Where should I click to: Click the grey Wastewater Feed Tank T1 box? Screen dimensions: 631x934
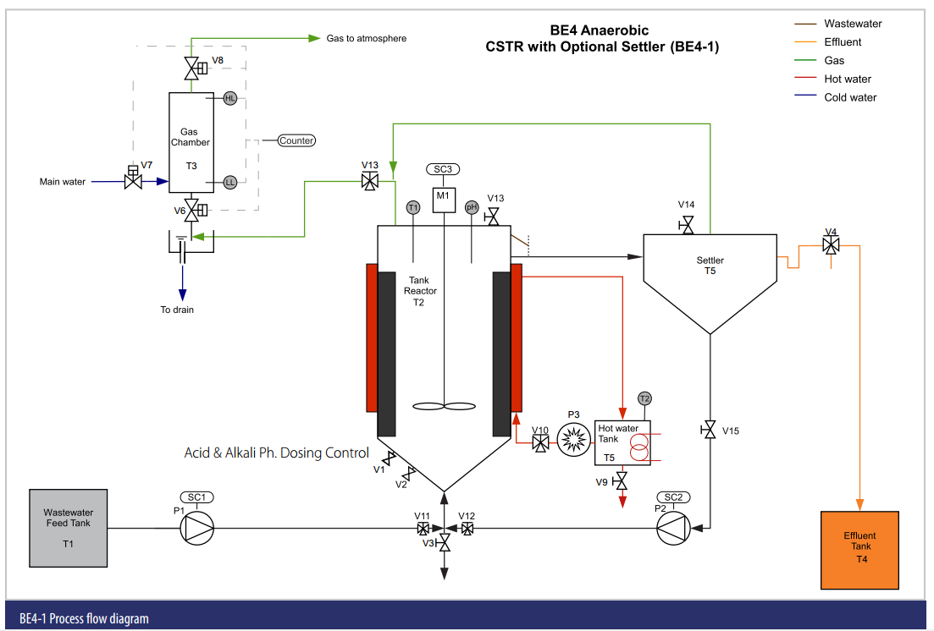pyautogui.click(x=68, y=528)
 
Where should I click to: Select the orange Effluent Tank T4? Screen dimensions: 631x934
pyautogui.click(x=859, y=550)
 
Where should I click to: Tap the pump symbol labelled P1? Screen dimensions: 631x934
pyautogui.click(x=196, y=529)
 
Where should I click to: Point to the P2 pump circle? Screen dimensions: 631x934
pyautogui.click(x=674, y=529)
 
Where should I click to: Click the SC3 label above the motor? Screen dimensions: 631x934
pyautogui.click(x=443, y=169)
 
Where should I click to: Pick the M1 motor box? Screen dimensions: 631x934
pyautogui.click(x=443, y=199)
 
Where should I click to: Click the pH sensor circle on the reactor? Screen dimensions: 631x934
pyautogui.click(x=472, y=207)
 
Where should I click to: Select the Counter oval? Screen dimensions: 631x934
pyautogui.click(x=296, y=140)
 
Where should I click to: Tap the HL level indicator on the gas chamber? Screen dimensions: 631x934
pyautogui.click(x=230, y=99)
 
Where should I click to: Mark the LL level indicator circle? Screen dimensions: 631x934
pyautogui.click(x=230, y=182)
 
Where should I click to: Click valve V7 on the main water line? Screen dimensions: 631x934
pyautogui.click(x=133, y=181)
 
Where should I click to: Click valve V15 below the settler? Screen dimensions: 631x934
pyautogui.click(x=710, y=431)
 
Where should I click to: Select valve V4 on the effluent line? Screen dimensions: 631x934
pyautogui.click(x=832, y=245)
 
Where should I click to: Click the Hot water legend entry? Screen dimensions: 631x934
pyautogui.click(x=848, y=80)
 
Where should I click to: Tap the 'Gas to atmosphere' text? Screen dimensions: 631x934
pyautogui.click(x=367, y=38)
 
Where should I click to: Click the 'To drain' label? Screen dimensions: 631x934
pyautogui.click(x=177, y=310)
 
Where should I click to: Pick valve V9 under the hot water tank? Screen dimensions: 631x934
pyautogui.click(x=622, y=482)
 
